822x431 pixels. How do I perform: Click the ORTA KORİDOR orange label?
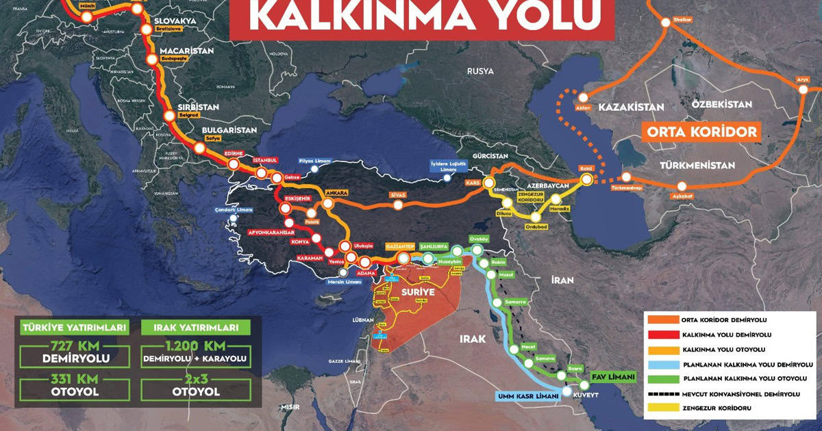click(701, 131)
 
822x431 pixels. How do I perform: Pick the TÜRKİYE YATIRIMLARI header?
click(74, 328)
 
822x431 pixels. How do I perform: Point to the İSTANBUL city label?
click(266, 160)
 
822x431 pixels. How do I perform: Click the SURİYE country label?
click(408, 292)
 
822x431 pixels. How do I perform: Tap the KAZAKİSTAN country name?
click(632, 107)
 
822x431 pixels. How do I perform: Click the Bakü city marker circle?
click(586, 179)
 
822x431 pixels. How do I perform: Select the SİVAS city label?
click(397, 195)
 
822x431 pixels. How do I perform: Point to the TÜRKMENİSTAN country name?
click(697, 166)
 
